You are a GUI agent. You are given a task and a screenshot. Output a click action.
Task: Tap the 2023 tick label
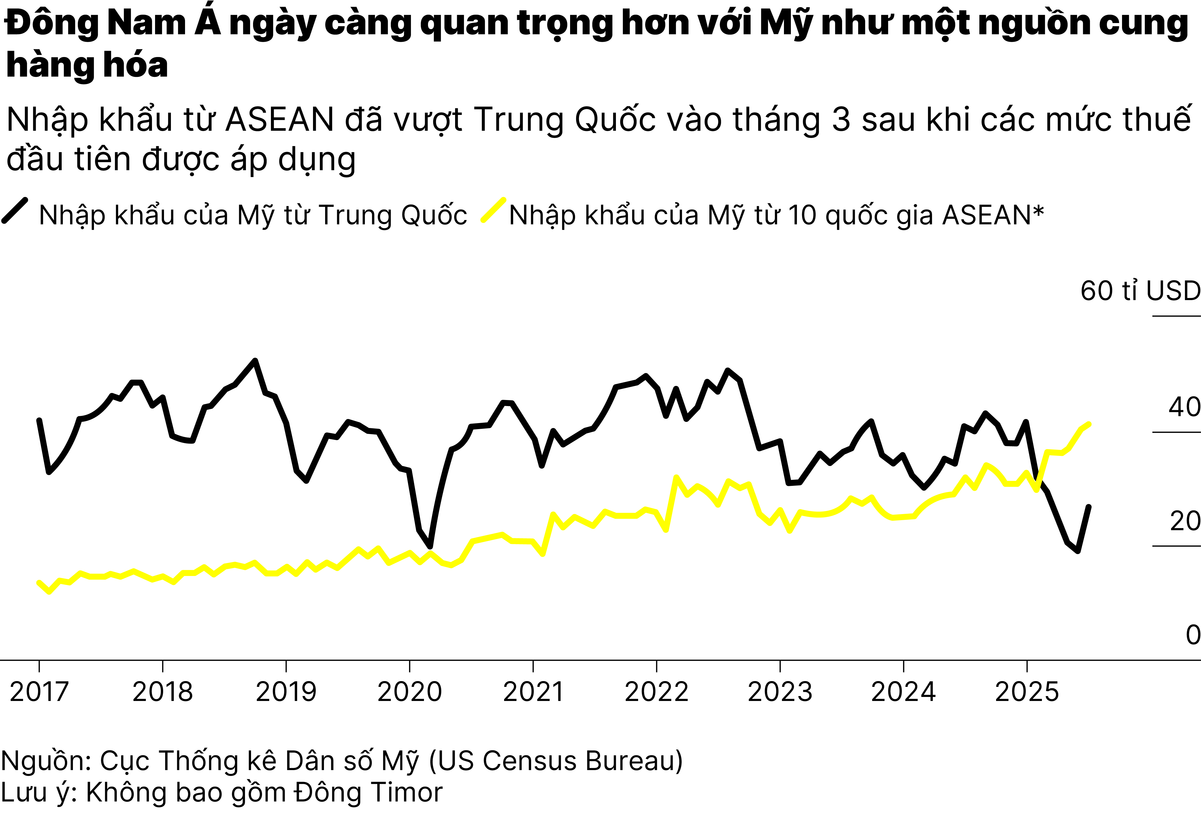(x=780, y=692)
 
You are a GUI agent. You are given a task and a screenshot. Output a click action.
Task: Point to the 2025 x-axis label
(x=1027, y=692)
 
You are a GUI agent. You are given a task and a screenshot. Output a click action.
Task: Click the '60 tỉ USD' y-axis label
(x=1140, y=291)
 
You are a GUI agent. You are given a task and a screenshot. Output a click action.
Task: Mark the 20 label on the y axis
(x=1185, y=521)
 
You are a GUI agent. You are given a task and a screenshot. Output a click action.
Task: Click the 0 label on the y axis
(x=1193, y=635)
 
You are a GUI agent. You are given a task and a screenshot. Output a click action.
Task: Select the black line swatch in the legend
(x=14, y=211)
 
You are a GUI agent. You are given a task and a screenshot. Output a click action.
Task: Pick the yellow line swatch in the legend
(x=493, y=211)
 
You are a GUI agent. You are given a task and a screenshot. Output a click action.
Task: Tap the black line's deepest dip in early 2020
(x=430, y=546)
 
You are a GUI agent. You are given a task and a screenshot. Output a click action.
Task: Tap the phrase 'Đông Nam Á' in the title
(x=113, y=23)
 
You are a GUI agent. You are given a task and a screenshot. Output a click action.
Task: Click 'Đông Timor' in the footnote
(x=368, y=792)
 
